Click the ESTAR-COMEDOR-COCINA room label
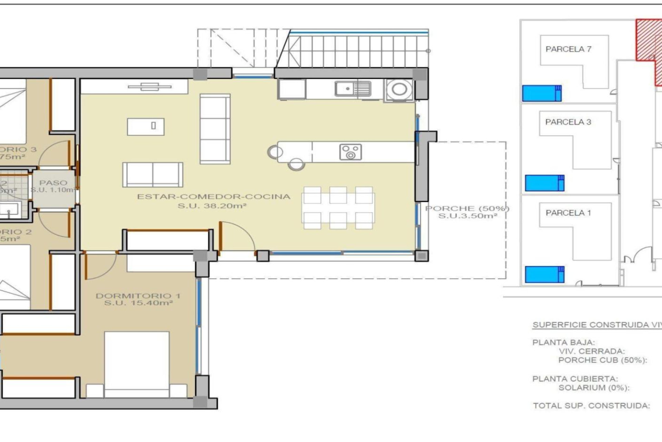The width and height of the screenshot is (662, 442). pyautogui.click(x=213, y=197)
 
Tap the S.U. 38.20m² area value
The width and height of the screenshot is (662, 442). pyautogui.click(x=212, y=206)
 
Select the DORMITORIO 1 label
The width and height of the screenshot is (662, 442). pyautogui.click(x=138, y=296)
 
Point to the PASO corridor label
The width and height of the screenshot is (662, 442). pyautogui.click(x=53, y=183)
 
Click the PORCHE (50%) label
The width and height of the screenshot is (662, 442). pyautogui.click(x=467, y=209)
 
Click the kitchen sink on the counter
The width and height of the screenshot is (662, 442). pyautogui.click(x=353, y=89)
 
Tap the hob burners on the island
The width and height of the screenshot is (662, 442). pyautogui.click(x=350, y=152)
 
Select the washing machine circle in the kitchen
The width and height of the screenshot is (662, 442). pyautogui.click(x=399, y=89)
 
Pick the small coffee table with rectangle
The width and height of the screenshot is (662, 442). pyautogui.click(x=146, y=126)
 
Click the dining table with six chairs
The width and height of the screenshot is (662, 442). pyautogui.click(x=338, y=208)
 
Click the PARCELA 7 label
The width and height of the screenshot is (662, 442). pyautogui.click(x=568, y=49)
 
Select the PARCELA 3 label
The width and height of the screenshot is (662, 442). pyautogui.click(x=568, y=122)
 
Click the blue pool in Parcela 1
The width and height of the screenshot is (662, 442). pyautogui.click(x=544, y=274)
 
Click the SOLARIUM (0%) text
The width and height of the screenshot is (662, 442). pyautogui.click(x=594, y=388)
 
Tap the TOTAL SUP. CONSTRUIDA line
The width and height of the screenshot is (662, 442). pyautogui.click(x=591, y=406)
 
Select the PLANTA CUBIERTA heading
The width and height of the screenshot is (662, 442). pyautogui.click(x=575, y=379)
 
